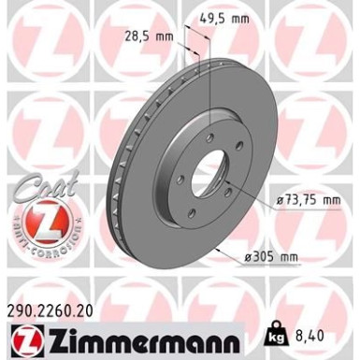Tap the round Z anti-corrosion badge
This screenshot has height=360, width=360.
pyautogui.click(x=36, y=224)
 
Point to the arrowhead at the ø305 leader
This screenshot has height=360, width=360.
pyautogui.click(x=217, y=250)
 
